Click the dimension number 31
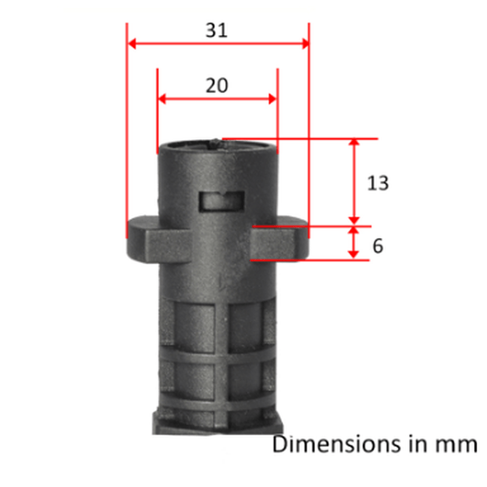[217, 30]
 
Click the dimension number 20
[217, 85]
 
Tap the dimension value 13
[377, 183]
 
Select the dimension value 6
[377, 246]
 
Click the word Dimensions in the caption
[337, 444]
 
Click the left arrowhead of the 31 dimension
[131, 44]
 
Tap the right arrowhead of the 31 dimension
[305, 44]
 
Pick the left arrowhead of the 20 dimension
[162, 99]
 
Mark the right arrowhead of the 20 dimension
[272, 99]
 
